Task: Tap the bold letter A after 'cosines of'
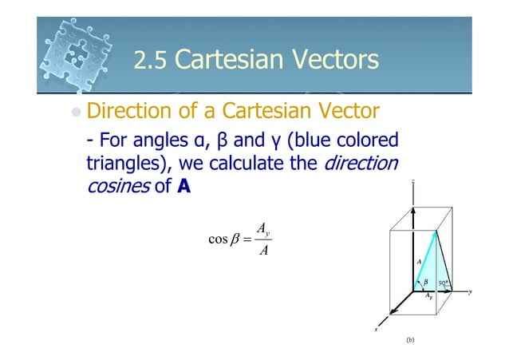click(x=184, y=189)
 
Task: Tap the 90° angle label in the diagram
click(x=443, y=282)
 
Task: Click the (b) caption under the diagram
click(x=411, y=339)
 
